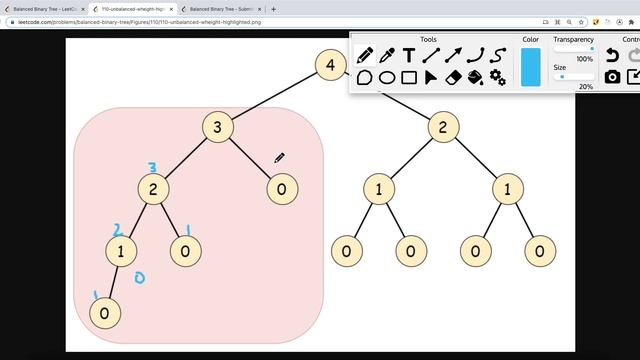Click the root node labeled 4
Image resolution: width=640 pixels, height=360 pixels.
pos(330,66)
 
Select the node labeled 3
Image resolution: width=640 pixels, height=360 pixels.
pos(217,127)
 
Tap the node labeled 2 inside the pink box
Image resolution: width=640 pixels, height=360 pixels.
pos(153,189)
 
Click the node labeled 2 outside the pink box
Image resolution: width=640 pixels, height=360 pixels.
pos(443,127)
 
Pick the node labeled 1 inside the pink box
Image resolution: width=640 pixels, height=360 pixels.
pos(121,250)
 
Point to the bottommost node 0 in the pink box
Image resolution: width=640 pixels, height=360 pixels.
pos(104,313)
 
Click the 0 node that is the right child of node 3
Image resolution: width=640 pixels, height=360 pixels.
pos(282,189)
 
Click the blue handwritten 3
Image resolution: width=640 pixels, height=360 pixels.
pos(152,168)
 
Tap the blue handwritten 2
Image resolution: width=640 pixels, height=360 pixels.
pos(117,230)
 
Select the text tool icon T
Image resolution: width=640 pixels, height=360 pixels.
pos(409,55)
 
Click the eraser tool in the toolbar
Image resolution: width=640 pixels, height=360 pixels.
pos(453,77)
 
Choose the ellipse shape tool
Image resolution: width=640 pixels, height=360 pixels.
pos(387,77)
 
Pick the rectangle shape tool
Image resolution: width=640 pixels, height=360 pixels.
pos(409,77)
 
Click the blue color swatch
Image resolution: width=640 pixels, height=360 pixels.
pos(530,67)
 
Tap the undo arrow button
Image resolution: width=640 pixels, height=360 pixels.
pos(613,56)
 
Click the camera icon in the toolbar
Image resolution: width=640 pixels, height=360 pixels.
pos(613,77)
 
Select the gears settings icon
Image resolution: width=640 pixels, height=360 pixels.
pos(497,77)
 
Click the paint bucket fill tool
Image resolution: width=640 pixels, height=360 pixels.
pos(475,77)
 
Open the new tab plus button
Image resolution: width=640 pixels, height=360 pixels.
pos(274,9)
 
